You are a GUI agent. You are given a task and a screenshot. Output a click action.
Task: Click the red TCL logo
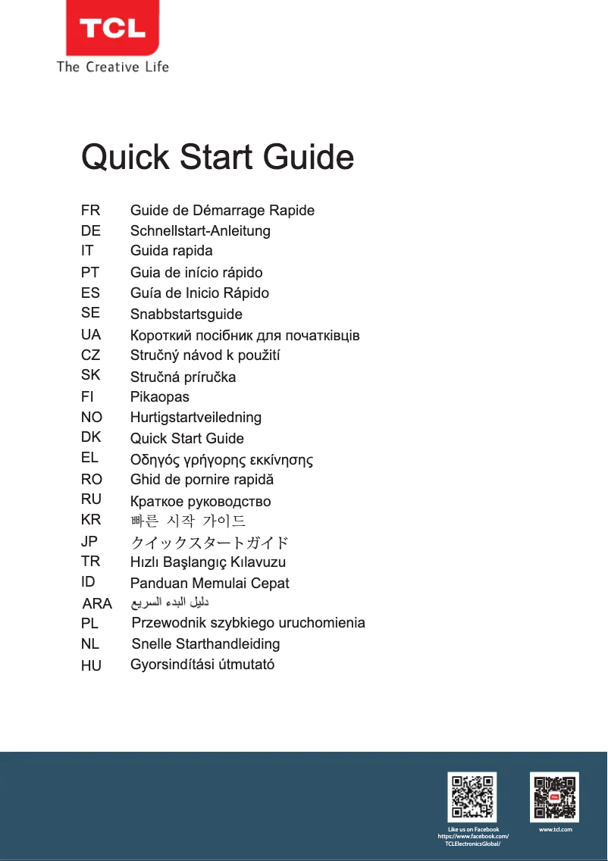pos(112,29)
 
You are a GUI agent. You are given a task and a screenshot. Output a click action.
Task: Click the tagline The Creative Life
pos(112,67)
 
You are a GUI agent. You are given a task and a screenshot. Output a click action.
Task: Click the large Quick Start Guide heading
pos(218,158)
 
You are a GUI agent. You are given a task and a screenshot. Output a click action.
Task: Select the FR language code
pos(90,210)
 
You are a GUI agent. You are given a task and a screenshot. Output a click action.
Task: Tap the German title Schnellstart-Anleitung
pos(200,230)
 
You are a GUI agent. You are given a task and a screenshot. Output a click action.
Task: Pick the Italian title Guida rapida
pos(171,250)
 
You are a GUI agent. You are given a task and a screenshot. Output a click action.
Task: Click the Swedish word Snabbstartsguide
pos(186,314)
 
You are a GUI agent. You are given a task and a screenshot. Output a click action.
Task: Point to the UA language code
pos(91,334)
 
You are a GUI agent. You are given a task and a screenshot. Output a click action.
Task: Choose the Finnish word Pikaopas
pos(160,396)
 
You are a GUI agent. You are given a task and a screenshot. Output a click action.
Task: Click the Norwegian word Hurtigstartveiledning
pos(196,417)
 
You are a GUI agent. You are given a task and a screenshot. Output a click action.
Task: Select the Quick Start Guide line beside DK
pos(187,438)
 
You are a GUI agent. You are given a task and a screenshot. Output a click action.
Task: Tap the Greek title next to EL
pos(222,459)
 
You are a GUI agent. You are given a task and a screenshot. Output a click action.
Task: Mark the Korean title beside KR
pos(188,521)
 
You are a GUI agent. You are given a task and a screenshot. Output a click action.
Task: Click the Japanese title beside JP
pos(209,543)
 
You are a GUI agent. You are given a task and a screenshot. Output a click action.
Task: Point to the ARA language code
pos(97,604)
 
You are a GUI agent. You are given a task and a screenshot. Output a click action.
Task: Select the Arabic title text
pos(170,603)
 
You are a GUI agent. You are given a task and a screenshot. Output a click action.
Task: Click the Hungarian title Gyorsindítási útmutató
pos(202,665)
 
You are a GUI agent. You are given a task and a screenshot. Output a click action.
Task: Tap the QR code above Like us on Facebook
pos(472,797)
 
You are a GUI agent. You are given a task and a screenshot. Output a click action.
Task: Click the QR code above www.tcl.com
pos(554,797)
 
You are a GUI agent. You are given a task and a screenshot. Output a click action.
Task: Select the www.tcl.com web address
pos(555,830)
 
